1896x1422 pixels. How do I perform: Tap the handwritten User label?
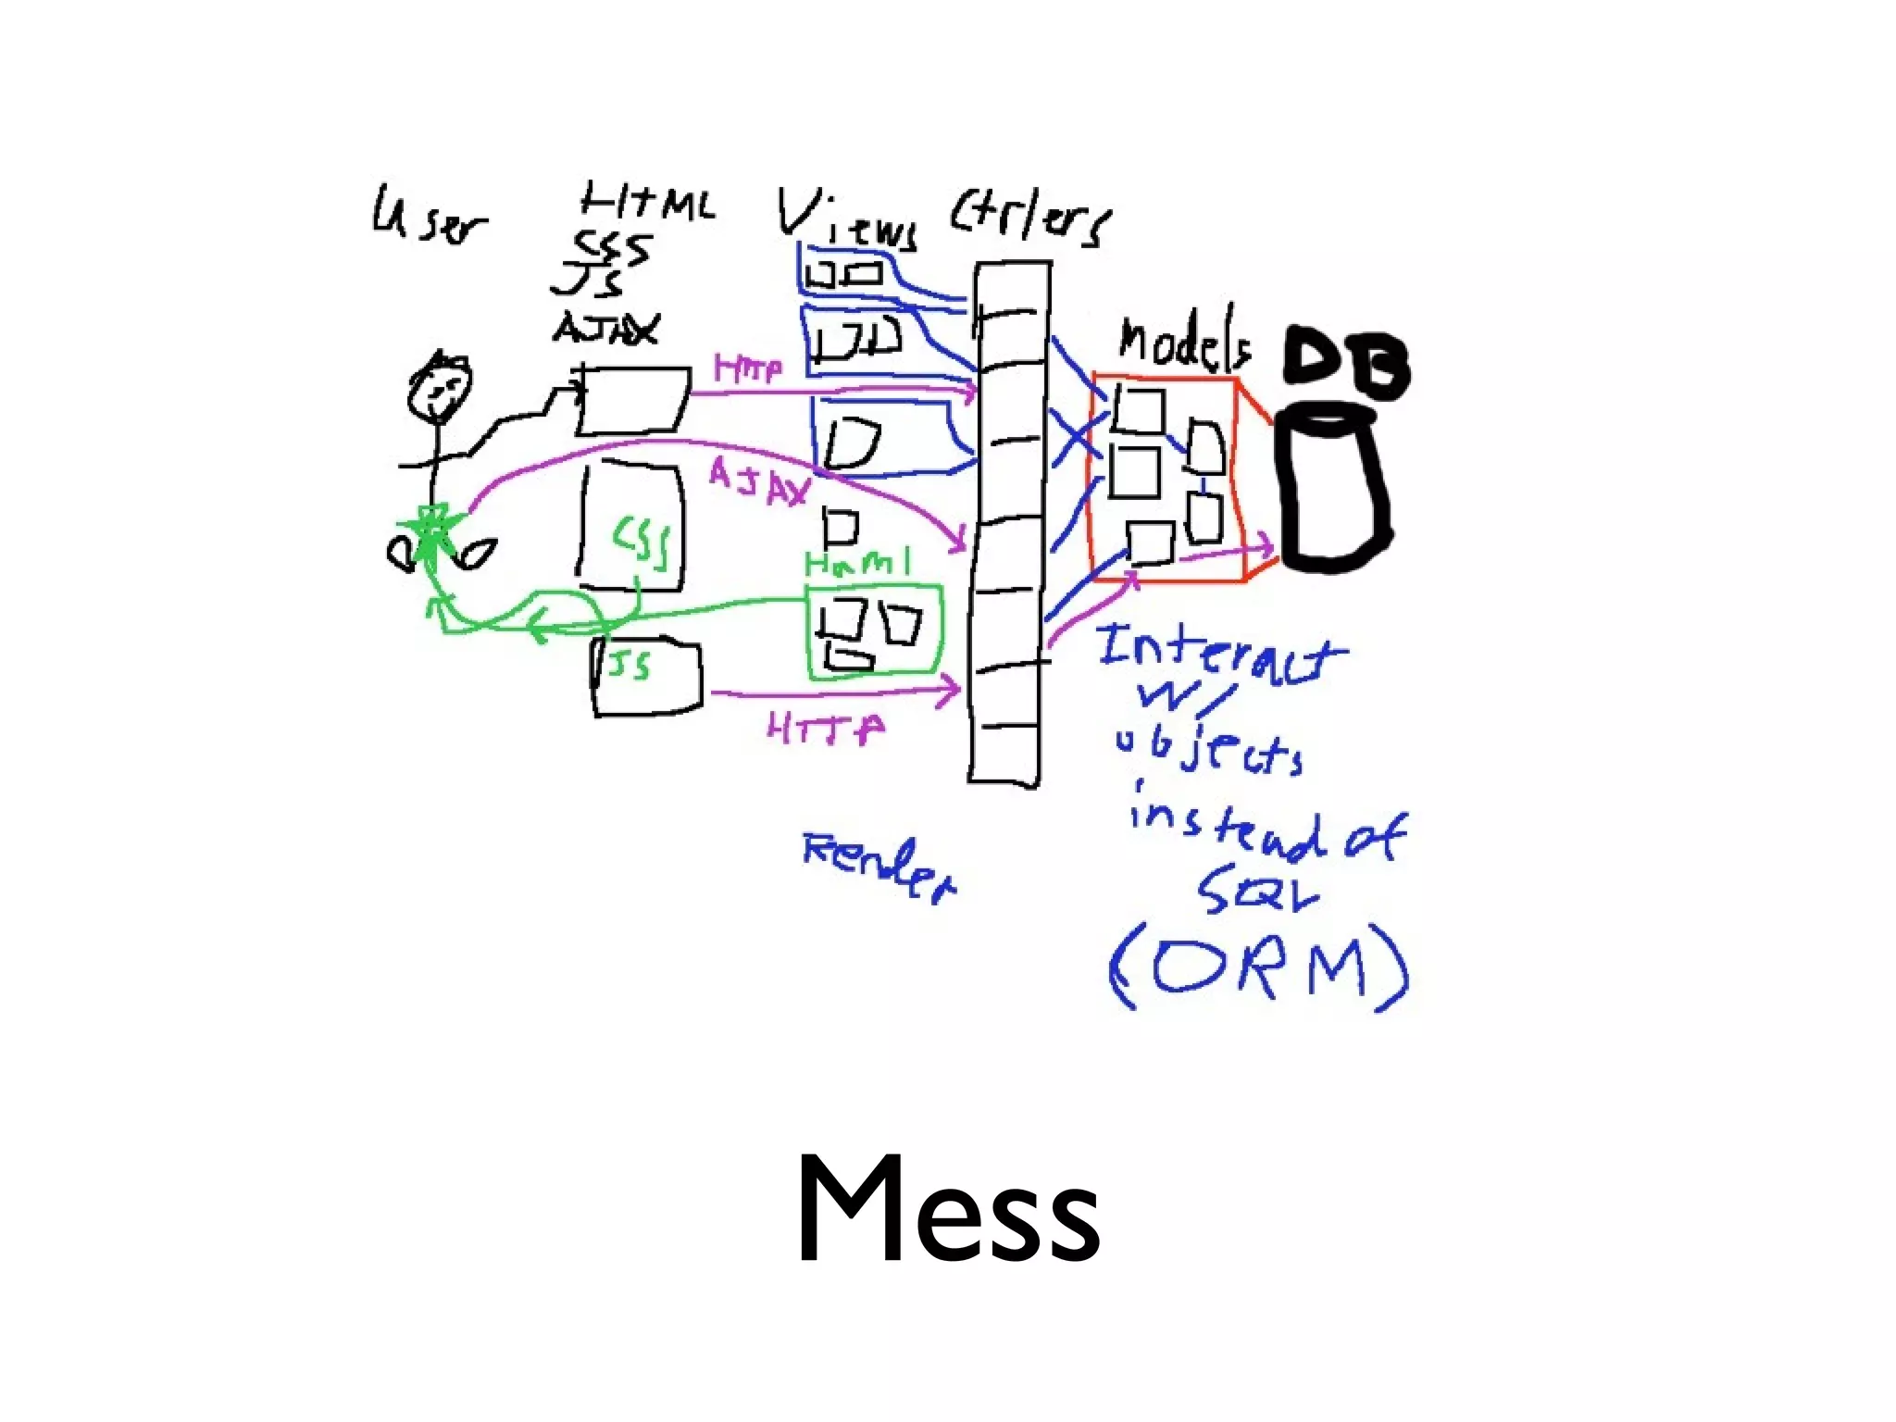click(428, 216)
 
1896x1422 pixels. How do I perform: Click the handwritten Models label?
click(1183, 344)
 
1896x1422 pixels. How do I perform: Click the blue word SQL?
click(1257, 892)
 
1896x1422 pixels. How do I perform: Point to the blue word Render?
click(878, 865)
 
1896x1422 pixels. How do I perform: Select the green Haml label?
click(857, 563)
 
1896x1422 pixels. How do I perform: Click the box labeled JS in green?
click(646, 678)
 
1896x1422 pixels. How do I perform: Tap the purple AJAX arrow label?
click(759, 483)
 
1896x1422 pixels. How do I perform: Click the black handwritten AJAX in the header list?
click(606, 328)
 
